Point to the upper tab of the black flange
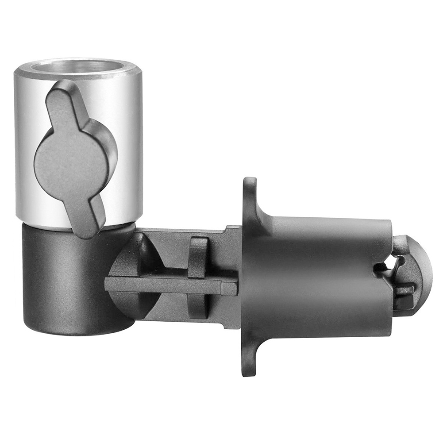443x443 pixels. pyautogui.click(x=250, y=195)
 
